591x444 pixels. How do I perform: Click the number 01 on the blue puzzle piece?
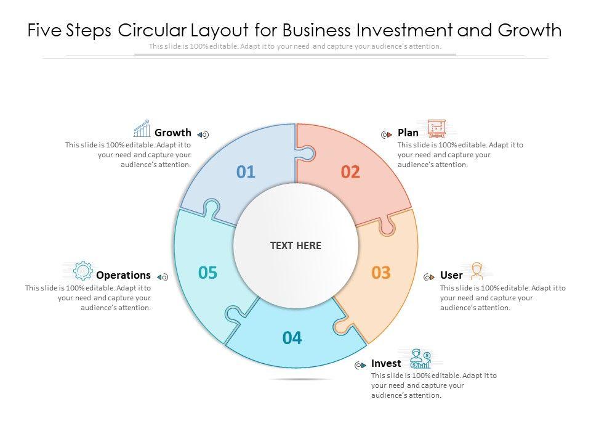click(x=246, y=172)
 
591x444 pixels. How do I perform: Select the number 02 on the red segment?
click(x=350, y=172)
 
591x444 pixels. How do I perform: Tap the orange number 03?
click(x=381, y=273)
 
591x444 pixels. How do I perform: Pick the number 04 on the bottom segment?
click(x=292, y=338)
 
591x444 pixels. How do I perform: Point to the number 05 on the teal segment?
click(x=208, y=273)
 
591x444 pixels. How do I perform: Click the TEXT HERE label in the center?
click(x=295, y=245)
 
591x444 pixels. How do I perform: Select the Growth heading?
click(x=173, y=133)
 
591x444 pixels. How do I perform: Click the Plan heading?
click(x=408, y=133)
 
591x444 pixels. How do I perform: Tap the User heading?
click(x=451, y=275)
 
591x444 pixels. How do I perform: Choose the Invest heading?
click(x=386, y=363)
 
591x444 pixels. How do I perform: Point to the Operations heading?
click(x=123, y=275)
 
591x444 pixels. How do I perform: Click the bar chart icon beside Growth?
click(x=142, y=129)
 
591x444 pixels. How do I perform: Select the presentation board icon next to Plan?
click(x=436, y=129)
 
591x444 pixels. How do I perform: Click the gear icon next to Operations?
click(x=82, y=271)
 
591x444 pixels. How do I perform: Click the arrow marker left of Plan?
click(x=387, y=134)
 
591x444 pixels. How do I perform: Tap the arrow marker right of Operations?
click(x=163, y=277)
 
